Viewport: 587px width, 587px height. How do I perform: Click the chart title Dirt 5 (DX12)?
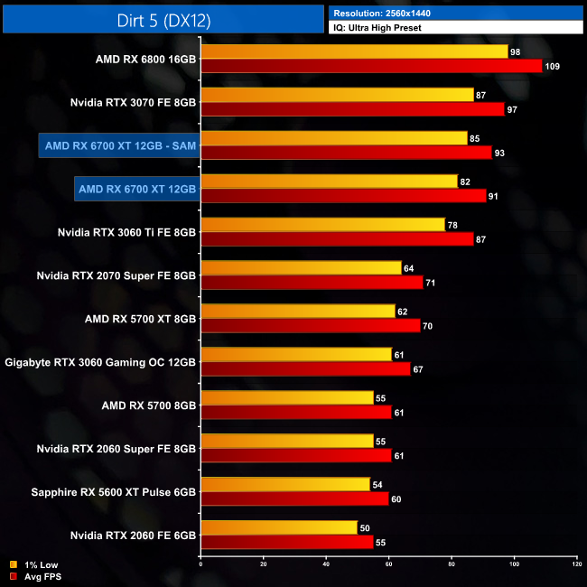163,20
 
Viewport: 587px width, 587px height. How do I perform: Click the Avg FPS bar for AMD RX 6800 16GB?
370,66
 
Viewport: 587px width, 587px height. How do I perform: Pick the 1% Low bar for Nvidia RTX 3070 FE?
337,95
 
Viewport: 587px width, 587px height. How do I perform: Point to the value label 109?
553,66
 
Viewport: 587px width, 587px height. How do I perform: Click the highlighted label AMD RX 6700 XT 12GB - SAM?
120,145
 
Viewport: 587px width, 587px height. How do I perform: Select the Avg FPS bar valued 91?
342,196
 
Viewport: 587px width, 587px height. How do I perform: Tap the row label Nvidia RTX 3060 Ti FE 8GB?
126,232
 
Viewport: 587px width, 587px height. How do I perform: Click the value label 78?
454,225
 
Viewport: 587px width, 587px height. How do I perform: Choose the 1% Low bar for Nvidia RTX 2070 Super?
301,268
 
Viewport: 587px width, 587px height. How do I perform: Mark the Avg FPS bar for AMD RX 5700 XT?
310,326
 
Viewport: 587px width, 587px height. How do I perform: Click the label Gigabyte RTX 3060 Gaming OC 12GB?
100,362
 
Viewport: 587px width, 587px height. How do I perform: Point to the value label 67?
419,369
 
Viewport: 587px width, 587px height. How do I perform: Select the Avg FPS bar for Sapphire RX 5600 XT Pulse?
294,499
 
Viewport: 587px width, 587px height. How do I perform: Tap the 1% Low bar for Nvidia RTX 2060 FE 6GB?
279,528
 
